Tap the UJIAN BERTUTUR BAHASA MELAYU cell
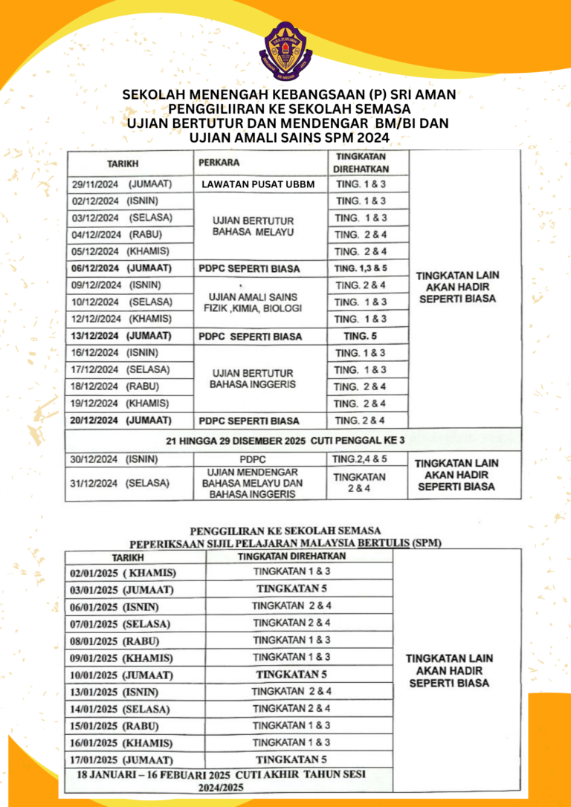(x=254, y=227)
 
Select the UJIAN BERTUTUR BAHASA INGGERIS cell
(x=253, y=378)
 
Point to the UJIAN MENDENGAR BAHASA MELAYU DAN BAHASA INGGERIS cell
(x=253, y=483)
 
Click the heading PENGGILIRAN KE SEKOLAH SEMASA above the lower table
(x=285, y=531)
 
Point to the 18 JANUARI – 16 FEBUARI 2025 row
(x=230, y=780)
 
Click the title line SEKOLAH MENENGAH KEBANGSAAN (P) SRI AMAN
(x=288, y=95)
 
